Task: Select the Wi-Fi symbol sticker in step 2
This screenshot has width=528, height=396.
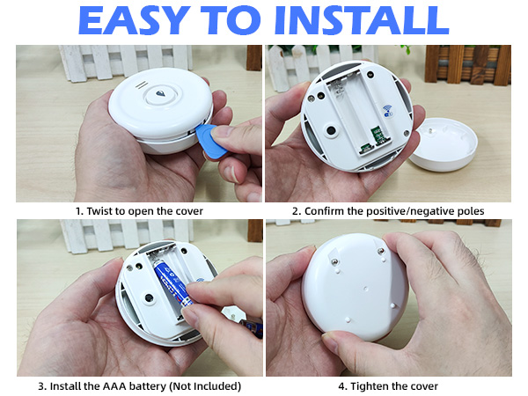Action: (x=387, y=112)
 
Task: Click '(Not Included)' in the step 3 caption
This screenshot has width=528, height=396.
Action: (x=203, y=385)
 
